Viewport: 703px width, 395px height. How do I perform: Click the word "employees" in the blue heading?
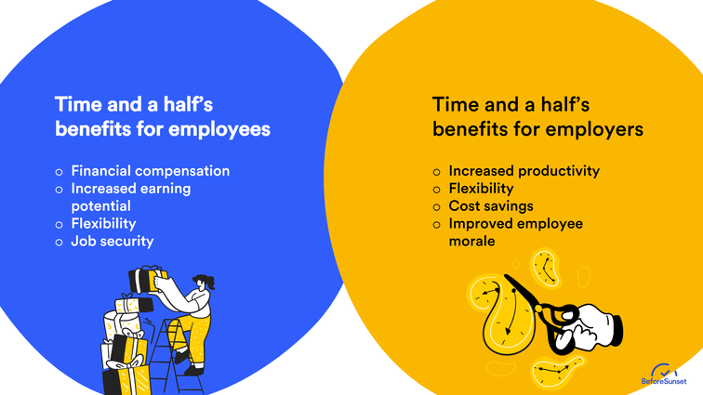[220, 129]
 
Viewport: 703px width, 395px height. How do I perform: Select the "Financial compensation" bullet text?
[150, 171]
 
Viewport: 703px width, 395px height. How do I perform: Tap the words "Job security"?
[112, 241]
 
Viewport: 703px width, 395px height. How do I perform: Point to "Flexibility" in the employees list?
[103, 223]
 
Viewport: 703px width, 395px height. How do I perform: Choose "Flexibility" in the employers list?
[481, 189]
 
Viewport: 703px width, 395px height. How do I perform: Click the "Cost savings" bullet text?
[491, 206]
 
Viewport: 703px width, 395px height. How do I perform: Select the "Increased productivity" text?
[524, 171]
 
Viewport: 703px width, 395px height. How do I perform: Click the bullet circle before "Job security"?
[59, 242]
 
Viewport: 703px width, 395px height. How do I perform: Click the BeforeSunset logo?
[665, 374]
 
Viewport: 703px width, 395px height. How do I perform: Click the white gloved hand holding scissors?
[595, 327]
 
